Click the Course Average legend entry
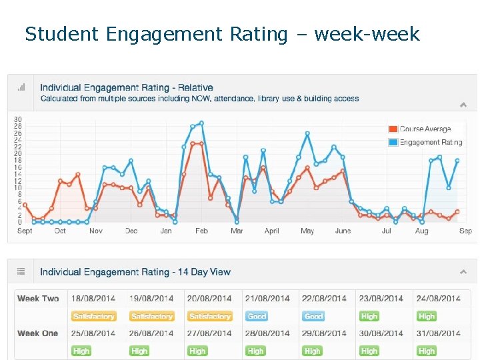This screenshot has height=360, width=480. (x=425, y=129)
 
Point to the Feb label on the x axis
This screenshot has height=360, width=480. (x=201, y=231)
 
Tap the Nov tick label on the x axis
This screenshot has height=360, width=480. (x=96, y=231)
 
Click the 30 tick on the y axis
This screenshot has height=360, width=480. (x=18, y=119)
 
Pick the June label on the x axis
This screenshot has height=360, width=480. (x=343, y=231)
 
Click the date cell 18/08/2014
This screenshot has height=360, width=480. (x=94, y=299)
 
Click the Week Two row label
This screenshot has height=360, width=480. (x=38, y=299)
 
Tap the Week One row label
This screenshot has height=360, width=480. (x=38, y=333)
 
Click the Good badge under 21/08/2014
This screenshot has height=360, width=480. (x=257, y=317)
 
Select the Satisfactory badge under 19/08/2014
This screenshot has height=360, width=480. (x=152, y=317)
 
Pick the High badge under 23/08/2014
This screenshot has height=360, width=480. (x=369, y=317)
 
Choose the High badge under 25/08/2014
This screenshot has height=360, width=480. (x=81, y=351)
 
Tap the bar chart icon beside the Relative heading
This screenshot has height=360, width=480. (x=21, y=87)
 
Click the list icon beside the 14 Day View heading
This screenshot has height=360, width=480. (x=21, y=271)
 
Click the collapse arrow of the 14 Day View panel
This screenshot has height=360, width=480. (x=463, y=271)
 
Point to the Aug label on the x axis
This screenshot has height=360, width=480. (x=421, y=231)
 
